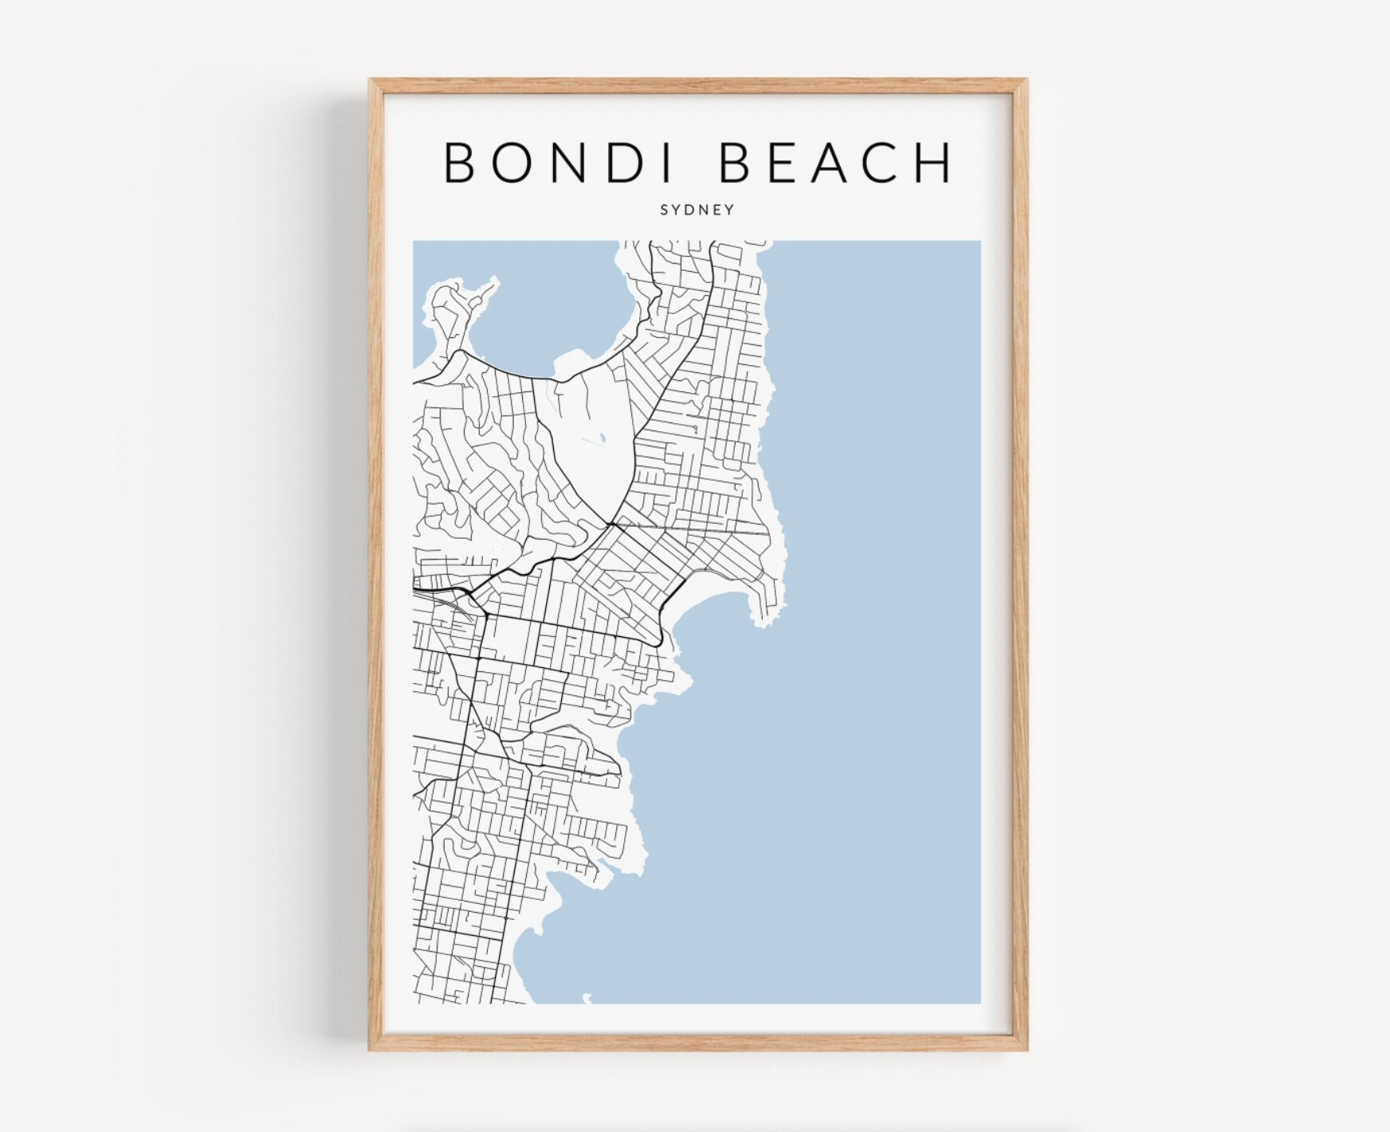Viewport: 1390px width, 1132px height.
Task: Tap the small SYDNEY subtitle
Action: pyautogui.click(x=697, y=211)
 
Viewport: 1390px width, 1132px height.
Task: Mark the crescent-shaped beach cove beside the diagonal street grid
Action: pyautogui.click(x=709, y=614)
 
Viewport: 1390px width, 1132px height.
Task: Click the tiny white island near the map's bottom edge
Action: pyautogui.click(x=587, y=997)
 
